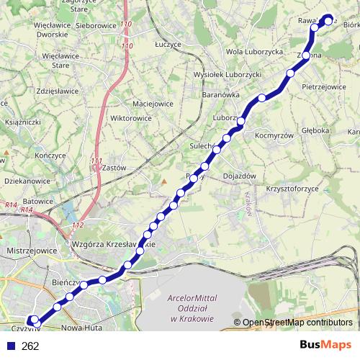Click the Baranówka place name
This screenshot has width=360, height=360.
[x=220, y=94]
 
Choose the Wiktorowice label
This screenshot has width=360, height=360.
[x=132, y=117]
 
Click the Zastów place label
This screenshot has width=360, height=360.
[x=114, y=167]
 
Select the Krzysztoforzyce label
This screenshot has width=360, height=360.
[x=292, y=189]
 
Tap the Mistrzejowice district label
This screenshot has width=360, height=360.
[x=29, y=251]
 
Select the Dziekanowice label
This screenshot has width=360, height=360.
[x=26, y=183]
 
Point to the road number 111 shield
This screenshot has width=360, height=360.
[x=97, y=161]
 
